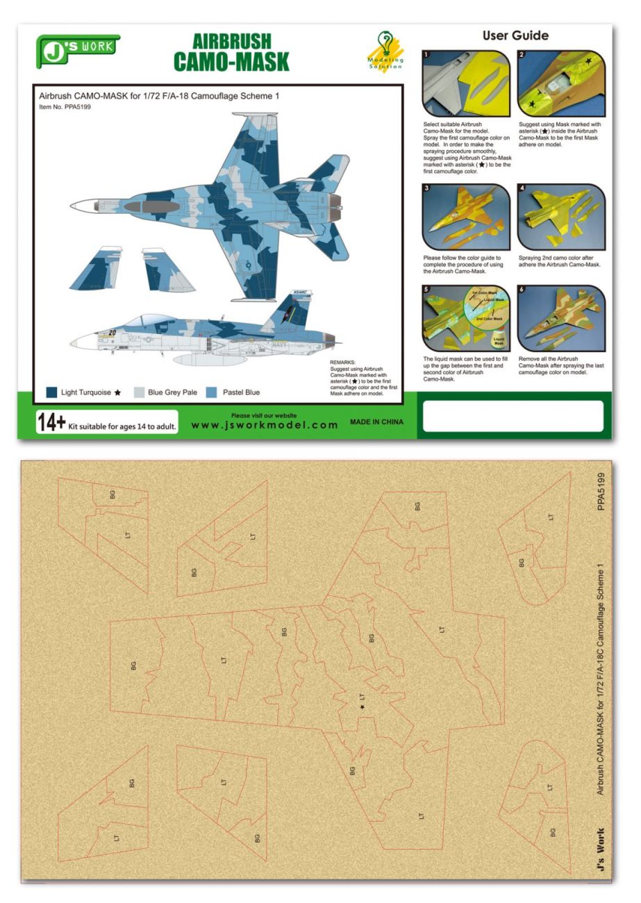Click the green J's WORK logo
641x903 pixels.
point(78,48)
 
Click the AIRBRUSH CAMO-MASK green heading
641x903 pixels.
point(231,52)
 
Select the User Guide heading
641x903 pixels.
point(515,35)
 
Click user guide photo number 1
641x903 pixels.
point(465,83)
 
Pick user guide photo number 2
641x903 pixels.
point(561,83)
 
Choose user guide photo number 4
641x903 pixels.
point(561,217)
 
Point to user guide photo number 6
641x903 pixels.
point(561,318)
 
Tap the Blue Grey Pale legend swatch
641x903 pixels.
point(140,392)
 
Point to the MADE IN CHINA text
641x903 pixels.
point(376,422)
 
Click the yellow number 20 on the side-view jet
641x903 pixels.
point(112,333)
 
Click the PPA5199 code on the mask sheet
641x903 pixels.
point(601,492)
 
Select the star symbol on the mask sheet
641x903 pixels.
point(362,706)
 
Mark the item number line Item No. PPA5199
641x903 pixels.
point(65,107)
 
